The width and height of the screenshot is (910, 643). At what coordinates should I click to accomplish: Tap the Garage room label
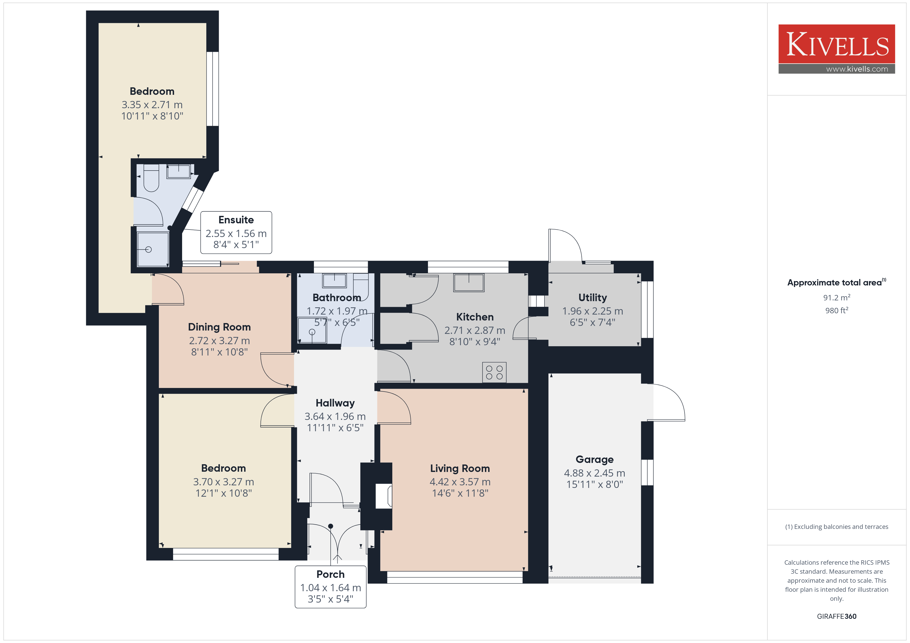[x=595, y=459]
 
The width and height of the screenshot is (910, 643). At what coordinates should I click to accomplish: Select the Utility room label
[x=592, y=297]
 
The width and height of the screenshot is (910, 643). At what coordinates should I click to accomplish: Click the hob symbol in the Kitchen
[x=494, y=372]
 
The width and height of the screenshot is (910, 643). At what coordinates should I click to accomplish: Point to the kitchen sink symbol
[x=469, y=283]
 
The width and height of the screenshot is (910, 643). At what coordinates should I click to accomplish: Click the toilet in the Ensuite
[x=151, y=178]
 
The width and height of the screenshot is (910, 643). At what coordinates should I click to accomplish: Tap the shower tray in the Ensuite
[x=153, y=249]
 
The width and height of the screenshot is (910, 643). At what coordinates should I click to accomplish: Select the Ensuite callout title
[x=236, y=220]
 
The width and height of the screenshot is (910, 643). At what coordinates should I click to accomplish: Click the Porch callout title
[x=331, y=574]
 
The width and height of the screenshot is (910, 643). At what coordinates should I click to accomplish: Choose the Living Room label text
[x=460, y=468]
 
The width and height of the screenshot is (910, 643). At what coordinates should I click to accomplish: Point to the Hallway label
[x=335, y=403]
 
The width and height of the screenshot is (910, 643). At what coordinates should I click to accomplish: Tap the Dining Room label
[x=219, y=327]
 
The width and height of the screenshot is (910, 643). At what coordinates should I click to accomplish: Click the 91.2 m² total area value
[x=837, y=297]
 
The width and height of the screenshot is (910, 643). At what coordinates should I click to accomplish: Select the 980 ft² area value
[x=837, y=310]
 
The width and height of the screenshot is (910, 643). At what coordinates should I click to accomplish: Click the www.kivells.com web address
[x=857, y=69]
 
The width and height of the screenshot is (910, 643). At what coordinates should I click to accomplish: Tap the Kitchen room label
[x=475, y=317]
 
